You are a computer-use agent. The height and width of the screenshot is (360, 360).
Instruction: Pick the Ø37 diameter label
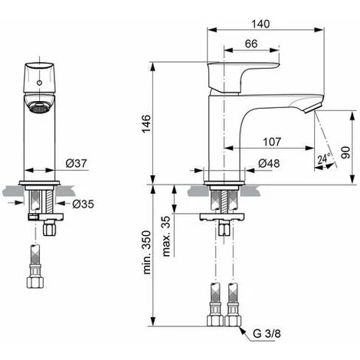click(x=74, y=163)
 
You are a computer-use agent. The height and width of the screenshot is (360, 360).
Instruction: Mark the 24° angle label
click(x=325, y=159)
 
